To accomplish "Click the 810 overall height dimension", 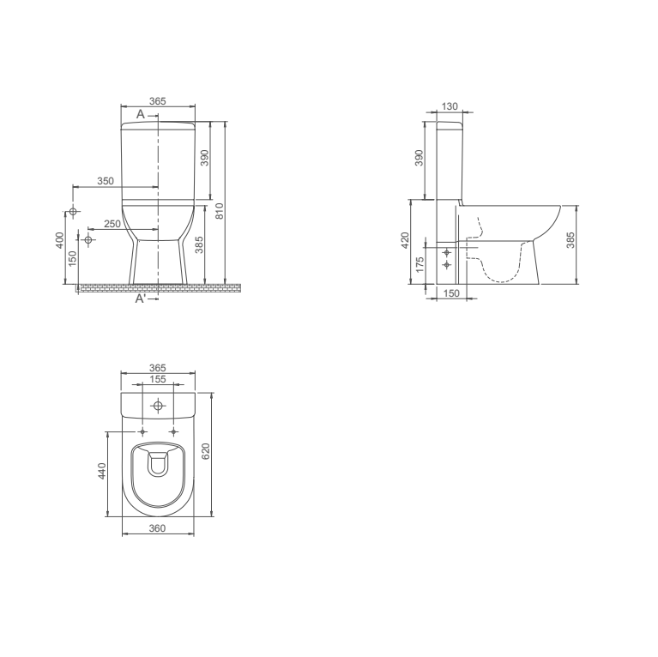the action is coord(220,211).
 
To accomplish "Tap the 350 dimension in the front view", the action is coord(106,181).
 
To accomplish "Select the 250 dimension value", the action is coord(112,224).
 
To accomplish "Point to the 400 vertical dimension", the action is coord(60,240).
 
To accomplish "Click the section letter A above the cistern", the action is coord(140,114).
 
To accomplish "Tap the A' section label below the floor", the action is coord(141,298).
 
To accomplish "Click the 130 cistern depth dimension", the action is coord(450,106).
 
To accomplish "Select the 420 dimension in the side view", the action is coord(405,240).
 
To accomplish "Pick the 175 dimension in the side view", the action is coord(420,265).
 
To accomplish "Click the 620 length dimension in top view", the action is coord(206,451).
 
